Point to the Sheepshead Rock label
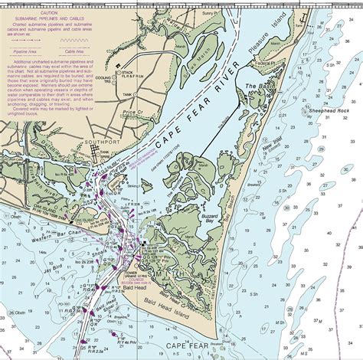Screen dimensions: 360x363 coord(330,110)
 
